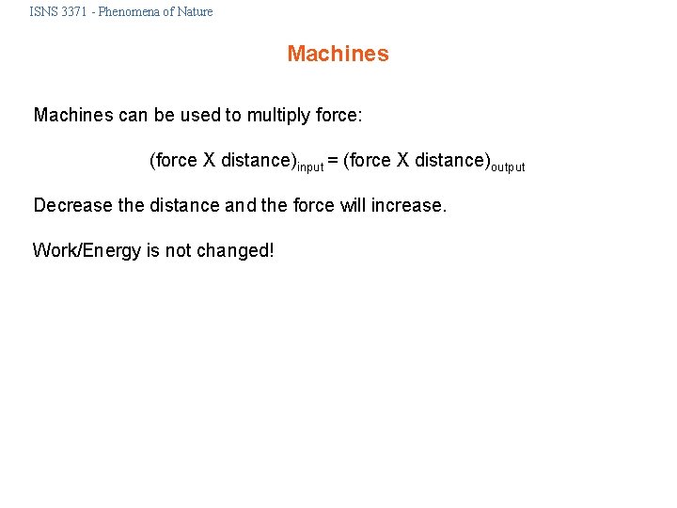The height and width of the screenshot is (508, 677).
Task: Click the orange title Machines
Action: coord(338,54)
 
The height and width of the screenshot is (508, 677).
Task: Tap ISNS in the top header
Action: coord(42,12)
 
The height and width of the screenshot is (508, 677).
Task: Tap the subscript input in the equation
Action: coord(310,167)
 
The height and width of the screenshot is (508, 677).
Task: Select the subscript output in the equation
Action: coord(508,167)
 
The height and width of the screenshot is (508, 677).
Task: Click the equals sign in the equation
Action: coord(333,161)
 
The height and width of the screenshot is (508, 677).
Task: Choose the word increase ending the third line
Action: coord(410,205)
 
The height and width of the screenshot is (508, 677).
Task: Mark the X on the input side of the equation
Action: coord(210,161)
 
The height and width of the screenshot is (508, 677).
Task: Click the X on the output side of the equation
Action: coord(403,161)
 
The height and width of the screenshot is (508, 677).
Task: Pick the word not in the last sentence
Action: coord(178,250)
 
